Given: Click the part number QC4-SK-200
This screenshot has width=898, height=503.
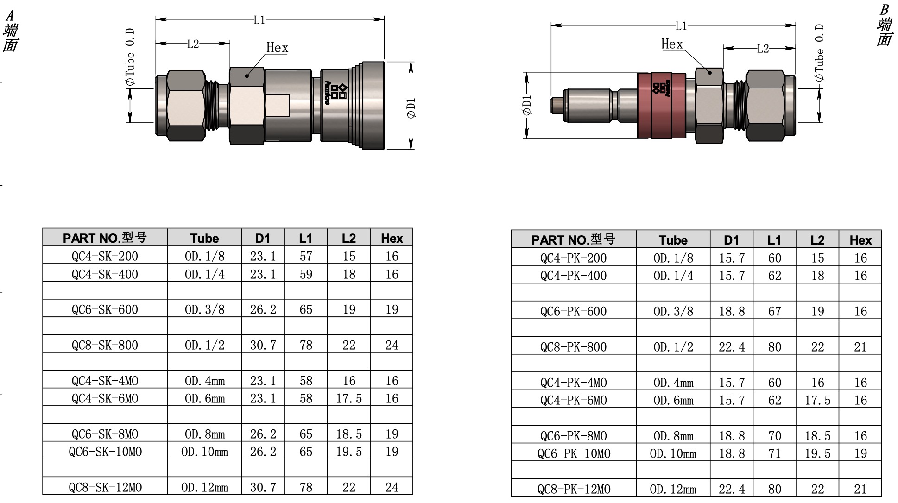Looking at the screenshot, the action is point(105,256).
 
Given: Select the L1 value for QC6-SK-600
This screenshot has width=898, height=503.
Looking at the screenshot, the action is point(306,309).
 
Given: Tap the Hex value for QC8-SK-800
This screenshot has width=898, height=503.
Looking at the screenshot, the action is point(392,345).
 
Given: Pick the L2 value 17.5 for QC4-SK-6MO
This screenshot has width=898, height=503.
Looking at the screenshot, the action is point(349,398).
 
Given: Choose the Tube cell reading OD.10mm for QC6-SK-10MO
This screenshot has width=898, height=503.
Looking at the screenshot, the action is point(204,452).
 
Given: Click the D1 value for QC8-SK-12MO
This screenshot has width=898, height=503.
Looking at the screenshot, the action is point(263,487).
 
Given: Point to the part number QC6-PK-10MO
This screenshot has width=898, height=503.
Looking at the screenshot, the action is point(574,453).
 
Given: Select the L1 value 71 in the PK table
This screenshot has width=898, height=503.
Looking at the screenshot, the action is point(775,453).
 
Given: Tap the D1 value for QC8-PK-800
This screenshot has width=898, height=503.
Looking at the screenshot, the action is point(732,347).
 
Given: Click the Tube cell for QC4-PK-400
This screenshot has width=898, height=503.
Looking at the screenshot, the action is point(673,276).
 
